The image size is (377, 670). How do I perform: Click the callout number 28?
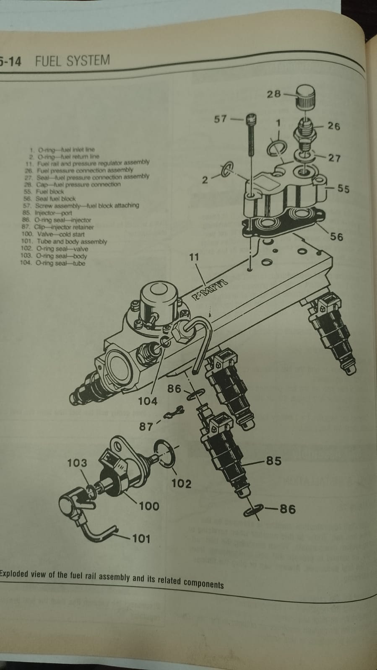pyautogui.click(x=274, y=94)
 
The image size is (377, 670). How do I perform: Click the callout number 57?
pyautogui.click(x=221, y=119)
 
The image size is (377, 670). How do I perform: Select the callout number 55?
pyautogui.click(x=343, y=189)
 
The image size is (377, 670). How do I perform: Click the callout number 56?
pyautogui.click(x=336, y=237)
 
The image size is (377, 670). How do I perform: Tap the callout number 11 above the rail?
pyautogui.click(x=194, y=257)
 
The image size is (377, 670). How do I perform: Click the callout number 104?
pyautogui.click(x=148, y=401)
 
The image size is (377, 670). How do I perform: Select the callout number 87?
pyautogui.click(x=146, y=427)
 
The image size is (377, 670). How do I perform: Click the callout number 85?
pyautogui.click(x=273, y=461)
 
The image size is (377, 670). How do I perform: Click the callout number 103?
pyautogui.click(x=77, y=463)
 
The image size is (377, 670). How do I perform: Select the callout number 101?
pyautogui.click(x=141, y=538)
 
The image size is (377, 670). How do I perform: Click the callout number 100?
pyautogui.click(x=149, y=506)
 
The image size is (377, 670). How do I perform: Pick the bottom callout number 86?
pyautogui.click(x=288, y=510)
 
